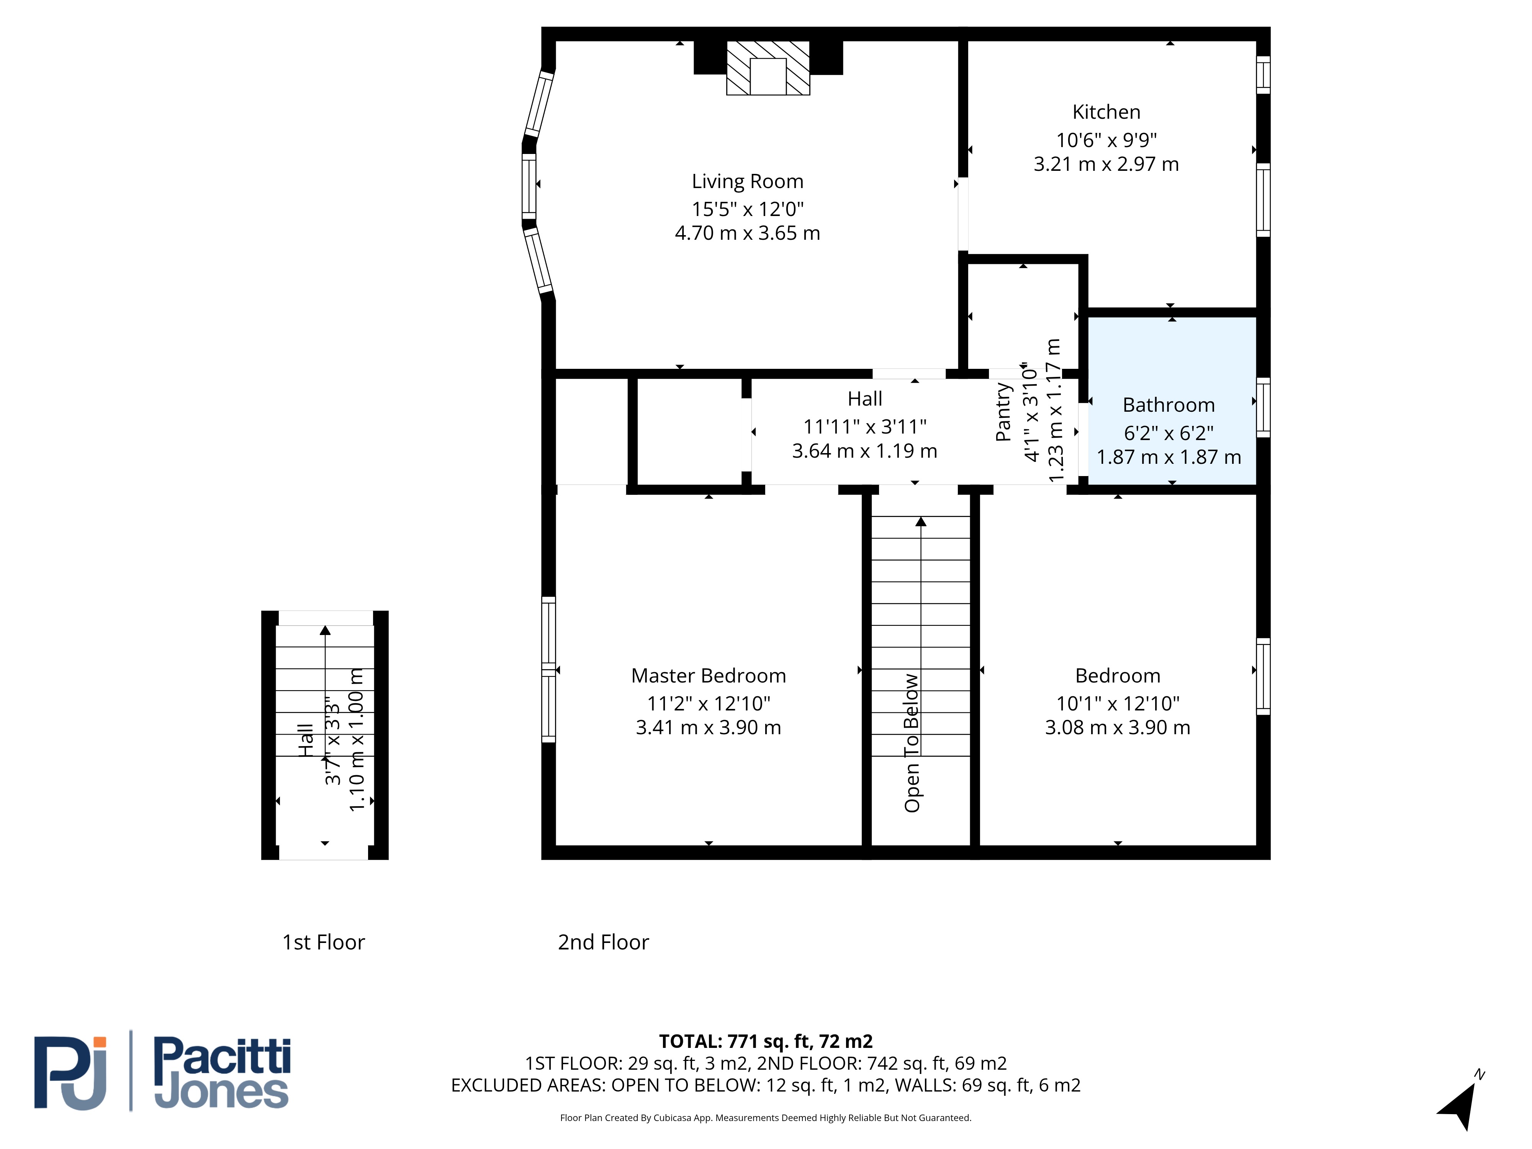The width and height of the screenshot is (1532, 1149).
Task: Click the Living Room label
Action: pos(747,182)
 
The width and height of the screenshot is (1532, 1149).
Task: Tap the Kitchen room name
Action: pos(1106,112)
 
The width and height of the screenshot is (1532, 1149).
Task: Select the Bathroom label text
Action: pos(1169,405)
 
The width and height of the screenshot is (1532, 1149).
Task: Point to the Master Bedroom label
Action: pos(709,676)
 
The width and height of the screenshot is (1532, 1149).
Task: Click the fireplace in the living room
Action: pos(768,67)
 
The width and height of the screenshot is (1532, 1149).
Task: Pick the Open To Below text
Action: pos(912,743)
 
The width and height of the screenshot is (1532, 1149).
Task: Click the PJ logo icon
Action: pos(70,1073)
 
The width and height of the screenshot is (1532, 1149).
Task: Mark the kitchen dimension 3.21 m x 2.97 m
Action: pos(1106,164)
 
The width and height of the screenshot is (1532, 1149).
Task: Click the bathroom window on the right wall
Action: pos(1263,407)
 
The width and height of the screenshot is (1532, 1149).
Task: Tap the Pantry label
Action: pos(1003,412)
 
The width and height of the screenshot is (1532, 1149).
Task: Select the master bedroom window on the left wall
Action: pos(548,669)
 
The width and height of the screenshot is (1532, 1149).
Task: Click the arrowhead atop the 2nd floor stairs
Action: pos(920,522)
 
